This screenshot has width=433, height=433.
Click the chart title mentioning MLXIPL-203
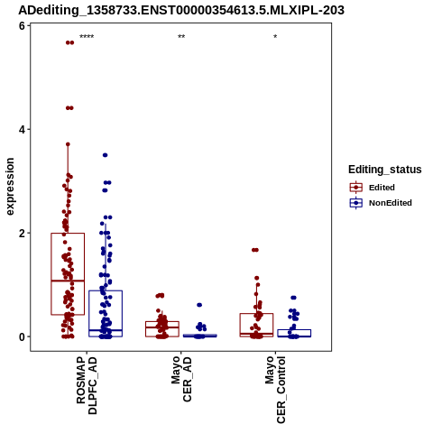181,10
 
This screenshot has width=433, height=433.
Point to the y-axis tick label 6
22,26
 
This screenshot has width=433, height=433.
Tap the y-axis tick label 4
22,130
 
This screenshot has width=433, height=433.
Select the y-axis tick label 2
22,234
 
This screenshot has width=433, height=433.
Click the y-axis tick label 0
22,336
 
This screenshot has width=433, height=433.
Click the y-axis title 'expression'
10,187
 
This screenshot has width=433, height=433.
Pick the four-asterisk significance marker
87,37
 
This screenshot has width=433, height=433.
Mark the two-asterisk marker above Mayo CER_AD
181,37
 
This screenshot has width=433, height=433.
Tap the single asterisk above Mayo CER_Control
275,37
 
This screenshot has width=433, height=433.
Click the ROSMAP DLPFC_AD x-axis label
87,385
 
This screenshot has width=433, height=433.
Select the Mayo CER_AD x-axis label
181,379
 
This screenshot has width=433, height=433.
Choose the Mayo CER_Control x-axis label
275,390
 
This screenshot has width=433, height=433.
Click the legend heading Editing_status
385,170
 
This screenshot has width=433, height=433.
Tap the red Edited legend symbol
356,188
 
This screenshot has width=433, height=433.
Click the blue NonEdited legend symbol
356,203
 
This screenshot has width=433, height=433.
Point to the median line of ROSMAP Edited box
68,281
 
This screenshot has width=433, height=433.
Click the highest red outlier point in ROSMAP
69,42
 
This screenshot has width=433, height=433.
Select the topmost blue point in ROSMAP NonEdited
106,155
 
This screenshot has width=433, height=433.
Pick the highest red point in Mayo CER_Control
255,250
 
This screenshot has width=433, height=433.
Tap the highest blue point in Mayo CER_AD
199,305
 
